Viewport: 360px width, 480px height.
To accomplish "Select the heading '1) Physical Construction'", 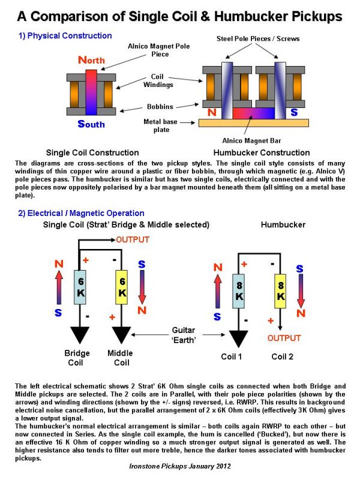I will pos(65,35).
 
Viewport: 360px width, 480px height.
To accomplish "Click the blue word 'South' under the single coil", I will pos(91,124).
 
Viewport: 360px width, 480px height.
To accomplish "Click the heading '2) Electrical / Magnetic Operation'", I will pos(81,213).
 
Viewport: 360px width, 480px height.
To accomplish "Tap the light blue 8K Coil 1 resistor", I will pos(239,291).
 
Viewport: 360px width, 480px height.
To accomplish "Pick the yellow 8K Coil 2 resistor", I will pos(281,291).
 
